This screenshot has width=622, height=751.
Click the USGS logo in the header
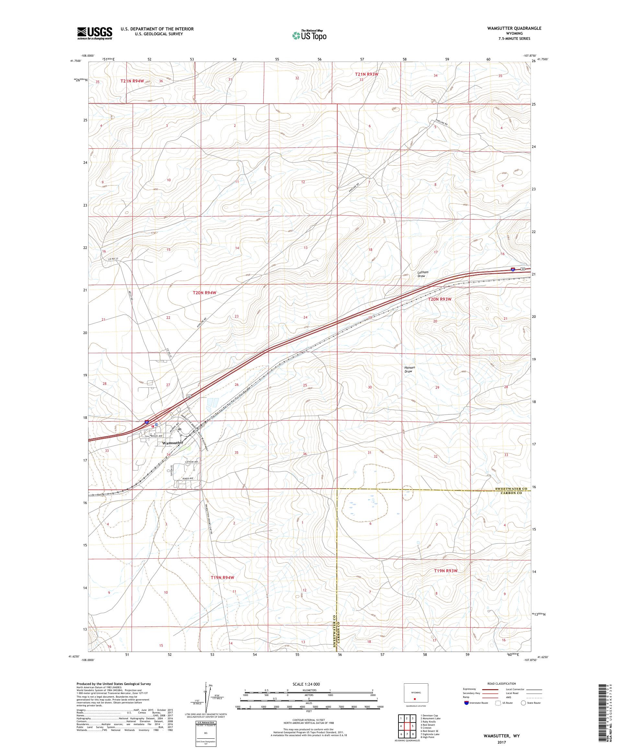[x=95, y=34]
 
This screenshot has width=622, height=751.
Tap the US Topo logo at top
[x=310, y=35]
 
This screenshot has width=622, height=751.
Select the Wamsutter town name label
[x=172, y=443]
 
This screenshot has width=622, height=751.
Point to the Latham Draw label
[x=423, y=274]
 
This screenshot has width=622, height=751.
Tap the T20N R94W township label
[x=205, y=293]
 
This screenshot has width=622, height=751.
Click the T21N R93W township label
[x=366, y=74]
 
